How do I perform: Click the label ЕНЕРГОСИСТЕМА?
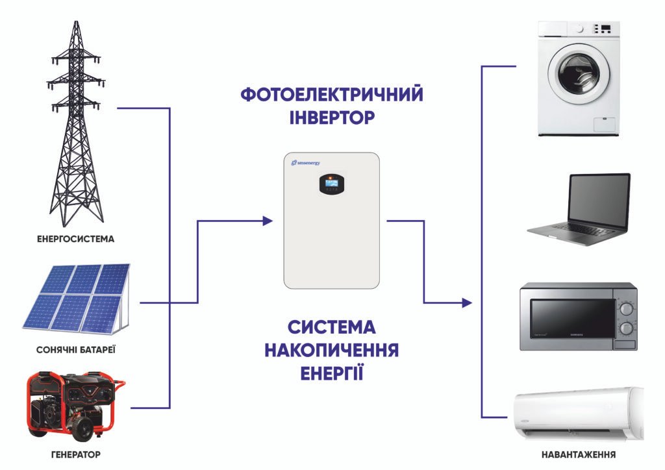coord(76,239)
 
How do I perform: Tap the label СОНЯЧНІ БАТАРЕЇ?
coord(77,351)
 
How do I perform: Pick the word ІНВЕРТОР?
coord(332,118)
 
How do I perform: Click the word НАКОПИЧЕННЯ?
coord(332,351)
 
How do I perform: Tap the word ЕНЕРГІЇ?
coord(332,374)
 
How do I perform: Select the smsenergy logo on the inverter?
coord(306,162)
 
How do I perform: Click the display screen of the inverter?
coord(331,185)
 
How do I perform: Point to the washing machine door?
coord(579,73)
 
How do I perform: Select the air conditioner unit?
coord(578,414)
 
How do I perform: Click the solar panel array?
coord(75,297)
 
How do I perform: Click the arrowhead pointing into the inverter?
coord(267,221)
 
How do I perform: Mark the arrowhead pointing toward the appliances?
coord(466,303)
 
